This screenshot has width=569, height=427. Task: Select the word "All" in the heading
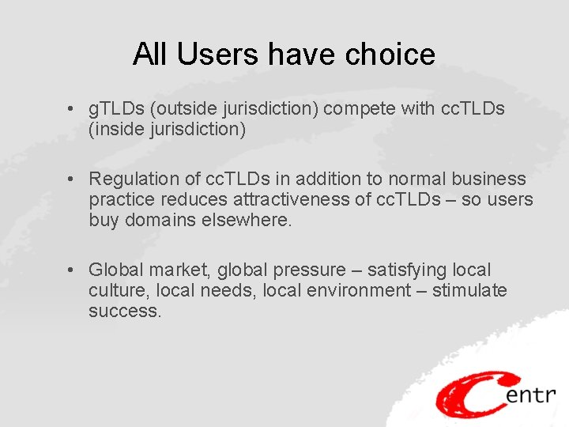[x=150, y=55]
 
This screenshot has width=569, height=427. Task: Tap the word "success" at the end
[x=124, y=312]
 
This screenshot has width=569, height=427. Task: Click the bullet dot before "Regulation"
[x=71, y=179]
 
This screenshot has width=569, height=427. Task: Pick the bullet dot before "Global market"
[x=71, y=270]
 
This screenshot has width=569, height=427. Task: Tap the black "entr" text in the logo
[x=530, y=393]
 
